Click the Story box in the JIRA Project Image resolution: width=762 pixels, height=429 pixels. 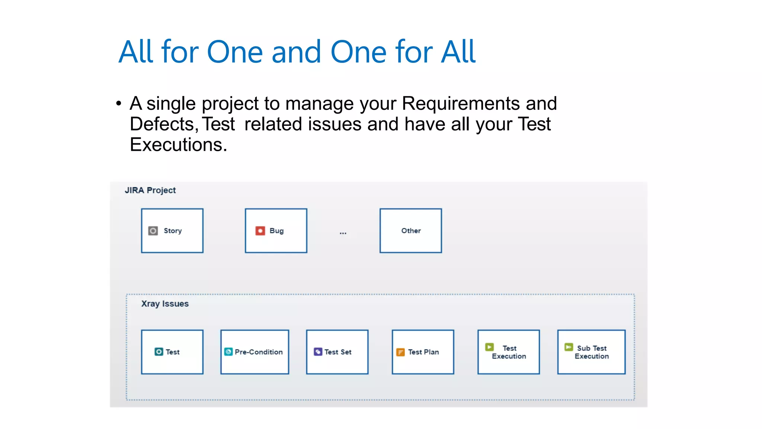point(172,231)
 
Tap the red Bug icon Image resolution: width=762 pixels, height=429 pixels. point(260,231)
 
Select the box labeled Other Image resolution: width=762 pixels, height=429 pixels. point(410,231)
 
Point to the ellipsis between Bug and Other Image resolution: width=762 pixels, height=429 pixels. point(343,233)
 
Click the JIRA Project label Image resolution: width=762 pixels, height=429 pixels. point(150,190)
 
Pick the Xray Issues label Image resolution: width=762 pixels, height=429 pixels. point(165,304)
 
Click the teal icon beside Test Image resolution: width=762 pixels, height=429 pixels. point(159,352)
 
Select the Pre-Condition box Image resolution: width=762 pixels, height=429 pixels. point(254,352)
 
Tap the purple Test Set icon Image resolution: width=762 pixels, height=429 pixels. point(318,352)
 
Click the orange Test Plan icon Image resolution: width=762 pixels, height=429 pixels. point(400,352)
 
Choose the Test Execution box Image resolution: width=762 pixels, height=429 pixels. point(509,352)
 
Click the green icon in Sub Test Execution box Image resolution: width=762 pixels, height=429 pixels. point(569,347)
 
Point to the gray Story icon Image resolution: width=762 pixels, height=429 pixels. point(153,231)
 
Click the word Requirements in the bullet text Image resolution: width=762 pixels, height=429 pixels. point(461,104)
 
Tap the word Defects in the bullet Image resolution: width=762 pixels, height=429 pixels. point(164,124)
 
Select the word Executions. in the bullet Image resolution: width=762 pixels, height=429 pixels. point(178,144)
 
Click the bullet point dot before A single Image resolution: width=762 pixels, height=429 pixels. point(119,104)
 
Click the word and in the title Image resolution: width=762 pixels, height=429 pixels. point(296,52)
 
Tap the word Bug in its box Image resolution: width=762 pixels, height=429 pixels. point(276,231)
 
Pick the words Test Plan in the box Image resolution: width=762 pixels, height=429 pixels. point(423,352)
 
